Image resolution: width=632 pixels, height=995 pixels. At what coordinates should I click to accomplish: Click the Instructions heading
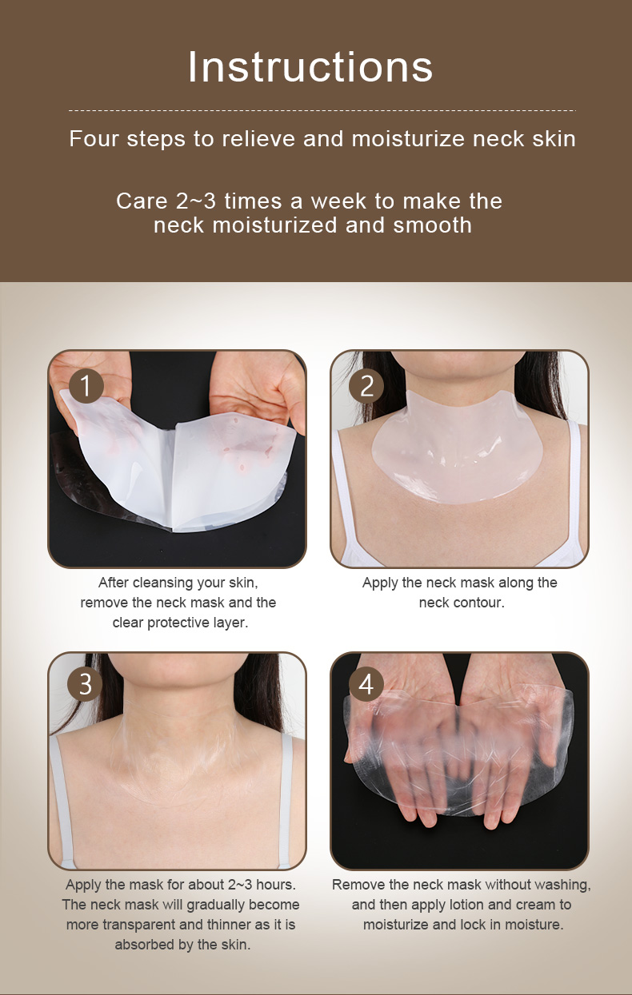(x=310, y=66)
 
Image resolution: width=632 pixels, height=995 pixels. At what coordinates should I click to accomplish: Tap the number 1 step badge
(x=86, y=385)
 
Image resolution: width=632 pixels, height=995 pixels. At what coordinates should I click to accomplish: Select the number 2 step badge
(x=366, y=385)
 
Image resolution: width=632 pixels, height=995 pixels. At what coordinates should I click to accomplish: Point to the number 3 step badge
(x=85, y=684)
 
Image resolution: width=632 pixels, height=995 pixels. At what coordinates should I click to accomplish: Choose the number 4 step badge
(x=366, y=684)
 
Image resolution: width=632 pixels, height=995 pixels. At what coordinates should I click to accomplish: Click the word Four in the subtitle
(x=94, y=138)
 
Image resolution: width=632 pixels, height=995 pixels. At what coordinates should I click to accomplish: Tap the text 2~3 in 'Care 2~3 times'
(x=196, y=201)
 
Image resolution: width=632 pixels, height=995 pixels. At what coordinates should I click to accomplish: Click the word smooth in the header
(x=432, y=225)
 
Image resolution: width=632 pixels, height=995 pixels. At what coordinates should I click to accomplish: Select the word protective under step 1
(x=178, y=623)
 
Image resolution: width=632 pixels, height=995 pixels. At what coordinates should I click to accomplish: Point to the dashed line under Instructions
(x=322, y=110)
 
